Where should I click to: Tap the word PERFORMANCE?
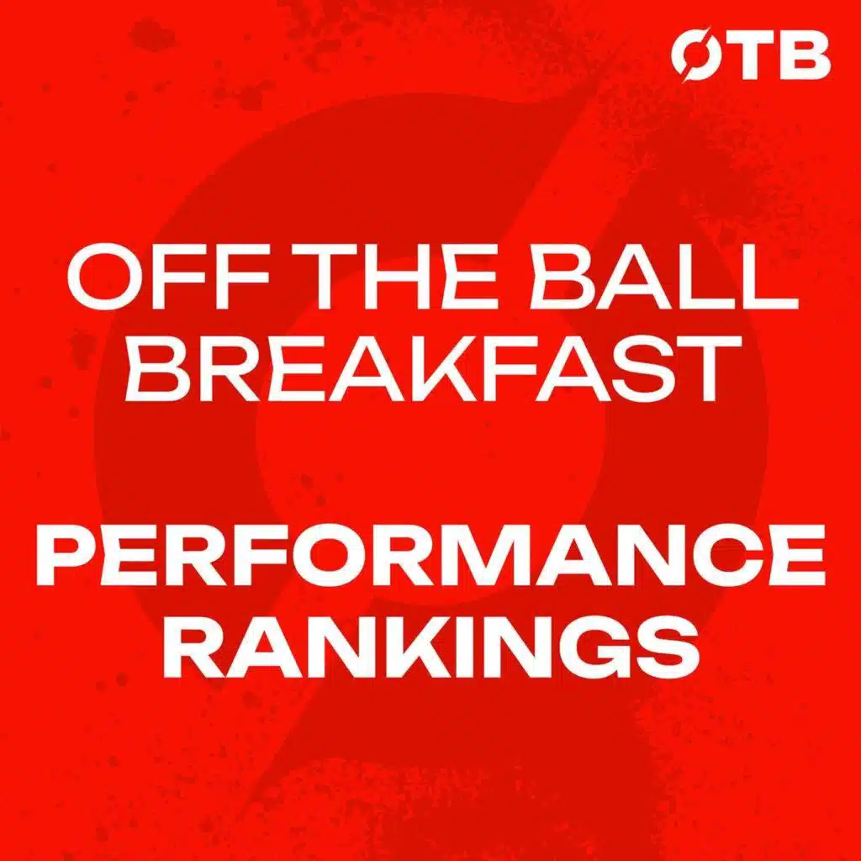(x=430, y=555)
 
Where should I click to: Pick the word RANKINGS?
(x=431, y=649)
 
